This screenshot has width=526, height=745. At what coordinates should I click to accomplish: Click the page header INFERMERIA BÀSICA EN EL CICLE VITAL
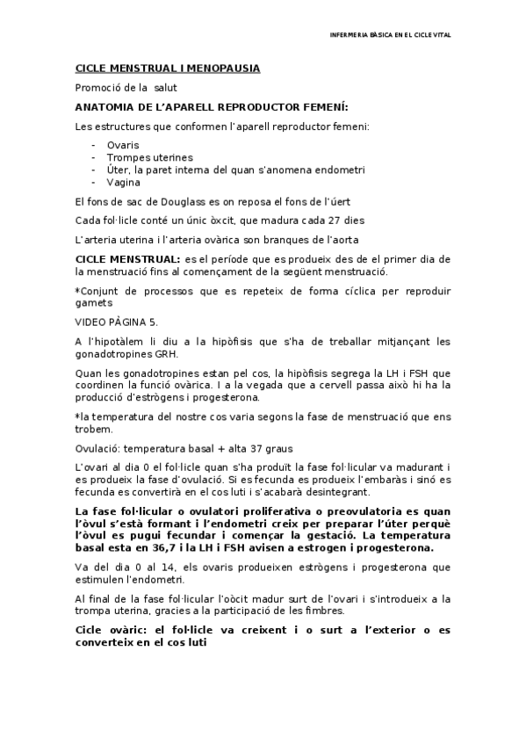394,35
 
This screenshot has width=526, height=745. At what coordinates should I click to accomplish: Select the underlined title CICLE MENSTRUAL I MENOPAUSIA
167,68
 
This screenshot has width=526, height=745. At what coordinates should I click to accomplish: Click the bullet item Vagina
124,183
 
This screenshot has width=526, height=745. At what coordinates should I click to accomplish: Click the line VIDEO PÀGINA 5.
117,322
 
